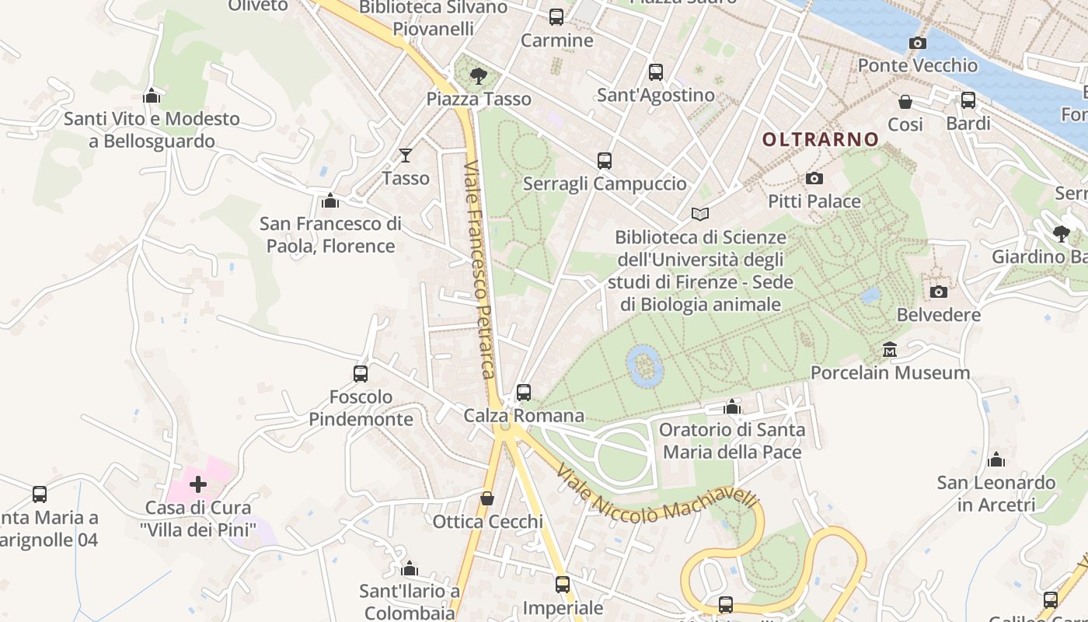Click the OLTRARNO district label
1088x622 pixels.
[820, 140]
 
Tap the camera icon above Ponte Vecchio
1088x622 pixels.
[917, 43]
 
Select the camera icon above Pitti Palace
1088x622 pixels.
[814, 179]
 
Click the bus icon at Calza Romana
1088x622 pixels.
[524, 393]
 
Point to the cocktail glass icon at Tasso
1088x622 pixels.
[405, 155]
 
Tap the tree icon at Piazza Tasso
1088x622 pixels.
[479, 75]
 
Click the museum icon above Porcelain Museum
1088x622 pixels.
[890, 350]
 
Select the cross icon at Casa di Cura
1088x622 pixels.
[198, 484]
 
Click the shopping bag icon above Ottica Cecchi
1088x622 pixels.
[487, 498]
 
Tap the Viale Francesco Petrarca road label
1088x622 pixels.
[481, 270]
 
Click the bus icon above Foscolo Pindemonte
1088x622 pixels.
[361, 374]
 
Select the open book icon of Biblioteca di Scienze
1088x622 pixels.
[700, 214]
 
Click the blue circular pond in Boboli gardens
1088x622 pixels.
[644, 365]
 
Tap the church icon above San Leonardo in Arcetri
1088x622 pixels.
[996, 460]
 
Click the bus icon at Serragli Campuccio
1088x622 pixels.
[605, 161]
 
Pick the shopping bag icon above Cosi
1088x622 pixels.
[905, 102]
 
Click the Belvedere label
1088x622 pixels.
[939, 315]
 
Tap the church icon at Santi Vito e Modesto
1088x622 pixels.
[152, 96]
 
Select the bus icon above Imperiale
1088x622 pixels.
[563, 585]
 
